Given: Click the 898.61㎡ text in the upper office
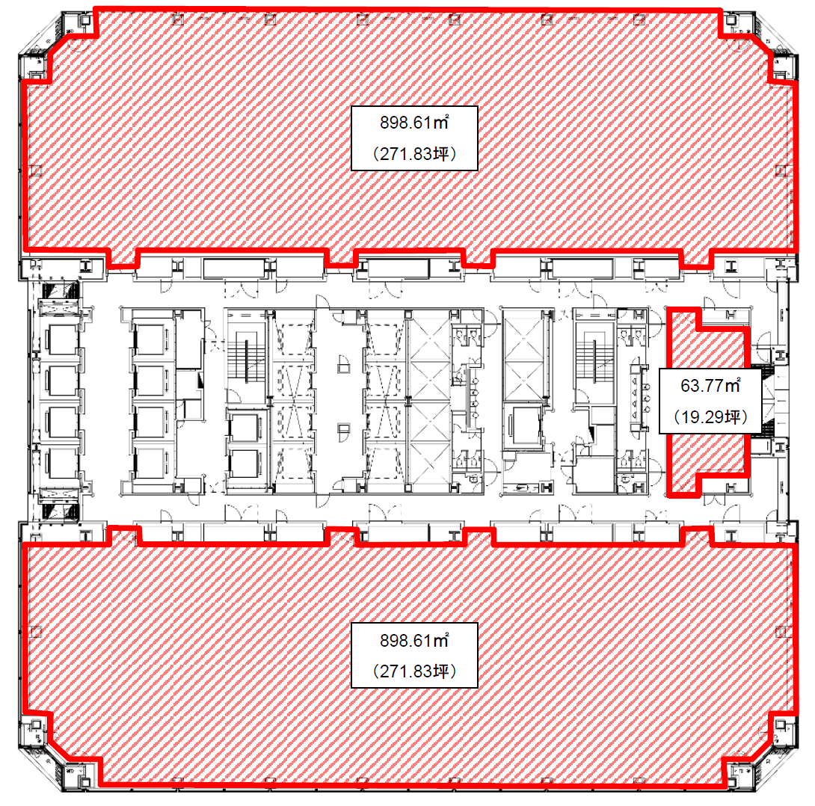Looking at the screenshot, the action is (414, 123).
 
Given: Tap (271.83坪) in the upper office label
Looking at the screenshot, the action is (414, 154).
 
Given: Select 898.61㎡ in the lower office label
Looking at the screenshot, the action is (414, 640).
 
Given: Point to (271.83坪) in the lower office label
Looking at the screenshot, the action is (414, 671).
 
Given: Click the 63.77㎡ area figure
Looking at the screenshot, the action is (710, 386).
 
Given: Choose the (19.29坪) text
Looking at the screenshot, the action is (710, 416).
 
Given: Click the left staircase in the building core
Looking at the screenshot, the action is (246, 360).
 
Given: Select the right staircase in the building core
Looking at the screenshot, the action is (594, 360).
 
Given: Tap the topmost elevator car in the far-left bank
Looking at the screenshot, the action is (62, 340).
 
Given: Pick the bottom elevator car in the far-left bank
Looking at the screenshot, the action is (62, 463).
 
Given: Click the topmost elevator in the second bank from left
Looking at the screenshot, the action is (151, 340).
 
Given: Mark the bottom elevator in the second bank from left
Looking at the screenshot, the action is (151, 463).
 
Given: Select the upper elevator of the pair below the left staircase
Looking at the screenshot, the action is (244, 427).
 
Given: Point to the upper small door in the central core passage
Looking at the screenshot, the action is (343, 364).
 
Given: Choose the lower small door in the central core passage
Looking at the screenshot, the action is (343, 432).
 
